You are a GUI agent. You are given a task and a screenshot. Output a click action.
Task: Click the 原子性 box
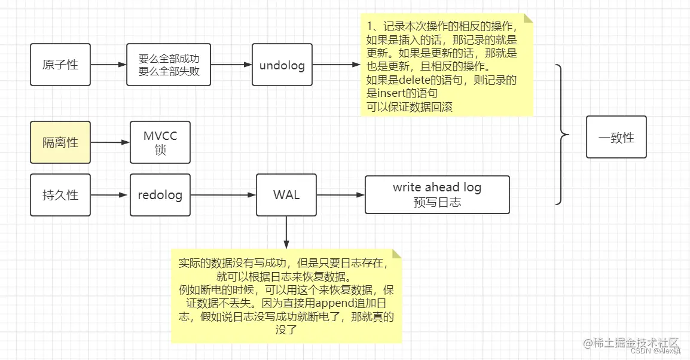(x=60, y=65)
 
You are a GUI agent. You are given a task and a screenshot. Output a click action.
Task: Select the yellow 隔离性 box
(x=60, y=142)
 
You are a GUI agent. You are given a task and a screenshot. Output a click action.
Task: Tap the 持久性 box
(x=60, y=195)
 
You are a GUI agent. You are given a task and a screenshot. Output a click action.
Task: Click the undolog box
(x=282, y=65)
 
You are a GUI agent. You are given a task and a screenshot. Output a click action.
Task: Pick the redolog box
(x=160, y=195)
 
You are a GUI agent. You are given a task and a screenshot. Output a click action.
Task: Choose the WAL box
(x=286, y=195)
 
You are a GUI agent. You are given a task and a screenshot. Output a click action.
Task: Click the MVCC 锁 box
(x=160, y=142)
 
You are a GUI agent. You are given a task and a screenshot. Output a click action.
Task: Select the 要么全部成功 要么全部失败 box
(x=169, y=65)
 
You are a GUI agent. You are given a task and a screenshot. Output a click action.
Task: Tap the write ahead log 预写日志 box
(x=437, y=194)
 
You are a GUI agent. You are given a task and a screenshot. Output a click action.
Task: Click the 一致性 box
(x=616, y=137)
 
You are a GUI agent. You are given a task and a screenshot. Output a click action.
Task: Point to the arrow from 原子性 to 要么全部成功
(x=108, y=65)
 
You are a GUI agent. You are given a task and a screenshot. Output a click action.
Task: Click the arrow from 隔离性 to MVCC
(x=110, y=142)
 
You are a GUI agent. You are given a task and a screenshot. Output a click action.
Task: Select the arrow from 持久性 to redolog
(x=110, y=195)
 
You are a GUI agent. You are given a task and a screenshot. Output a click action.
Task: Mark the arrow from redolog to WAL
(x=223, y=195)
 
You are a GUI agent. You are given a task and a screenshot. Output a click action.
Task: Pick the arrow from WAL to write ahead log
(x=341, y=195)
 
